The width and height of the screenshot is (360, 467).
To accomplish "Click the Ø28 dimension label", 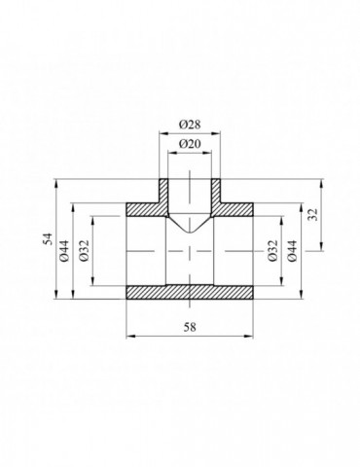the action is (190, 125).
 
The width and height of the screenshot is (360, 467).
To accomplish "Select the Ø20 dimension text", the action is (190, 144).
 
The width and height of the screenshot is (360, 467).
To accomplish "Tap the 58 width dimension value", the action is (190, 327).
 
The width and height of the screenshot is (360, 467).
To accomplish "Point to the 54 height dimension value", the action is (48, 239).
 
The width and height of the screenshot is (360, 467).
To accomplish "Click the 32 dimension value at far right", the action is (313, 214).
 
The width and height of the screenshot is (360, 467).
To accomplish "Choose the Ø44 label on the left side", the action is (64, 251).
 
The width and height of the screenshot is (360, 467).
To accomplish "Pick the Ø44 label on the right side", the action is (292, 251).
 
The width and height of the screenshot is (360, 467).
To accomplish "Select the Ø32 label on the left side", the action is (84, 251).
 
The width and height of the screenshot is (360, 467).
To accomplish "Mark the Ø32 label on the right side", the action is (272, 251).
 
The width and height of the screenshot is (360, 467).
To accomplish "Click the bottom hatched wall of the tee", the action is (190, 292).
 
